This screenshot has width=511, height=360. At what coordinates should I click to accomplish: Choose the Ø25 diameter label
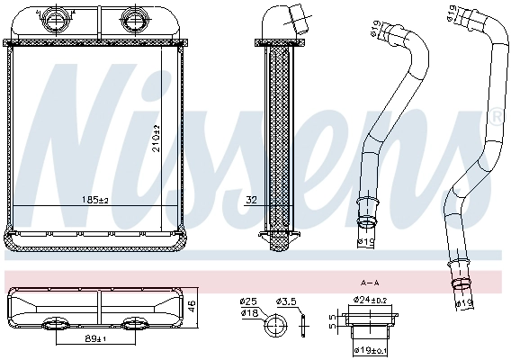click(247, 301)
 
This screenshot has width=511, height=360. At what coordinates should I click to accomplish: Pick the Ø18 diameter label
click(247, 312)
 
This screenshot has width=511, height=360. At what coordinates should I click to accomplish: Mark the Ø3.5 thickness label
click(286, 301)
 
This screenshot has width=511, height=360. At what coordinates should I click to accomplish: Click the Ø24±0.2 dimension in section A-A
click(371, 300)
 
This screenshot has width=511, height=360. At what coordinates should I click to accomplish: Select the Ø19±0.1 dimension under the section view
click(370, 349)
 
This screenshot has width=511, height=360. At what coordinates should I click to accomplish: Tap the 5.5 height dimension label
click(331, 321)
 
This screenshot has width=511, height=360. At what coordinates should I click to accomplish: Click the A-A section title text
click(369, 283)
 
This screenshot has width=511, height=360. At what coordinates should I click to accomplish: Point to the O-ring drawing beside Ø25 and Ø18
click(270, 327)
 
